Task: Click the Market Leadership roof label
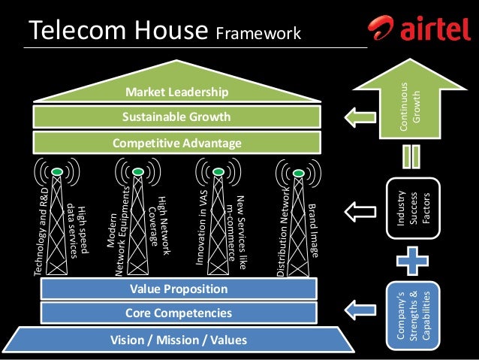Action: [x=176, y=93]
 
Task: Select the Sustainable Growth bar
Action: [x=176, y=117]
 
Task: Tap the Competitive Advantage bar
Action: [x=176, y=142]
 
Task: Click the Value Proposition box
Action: [x=178, y=289]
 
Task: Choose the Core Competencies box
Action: [x=178, y=313]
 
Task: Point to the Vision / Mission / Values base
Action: [x=178, y=340]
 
